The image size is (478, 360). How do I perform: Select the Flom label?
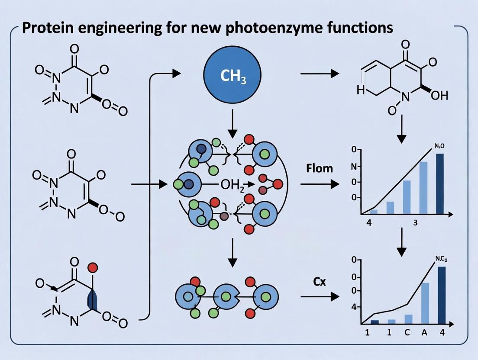click(320, 167)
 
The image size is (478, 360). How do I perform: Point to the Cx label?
click(319, 281)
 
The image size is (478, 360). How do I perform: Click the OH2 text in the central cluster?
click(233, 184)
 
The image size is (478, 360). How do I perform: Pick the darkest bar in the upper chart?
click(440, 183)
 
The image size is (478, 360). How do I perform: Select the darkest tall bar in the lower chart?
click(442, 295)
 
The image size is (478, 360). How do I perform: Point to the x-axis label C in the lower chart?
click(407, 333)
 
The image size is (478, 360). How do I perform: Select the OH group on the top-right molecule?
click(439, 95)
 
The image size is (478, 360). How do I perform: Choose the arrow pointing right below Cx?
click(320, 297)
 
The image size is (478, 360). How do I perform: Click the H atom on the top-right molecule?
click(361, 91)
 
